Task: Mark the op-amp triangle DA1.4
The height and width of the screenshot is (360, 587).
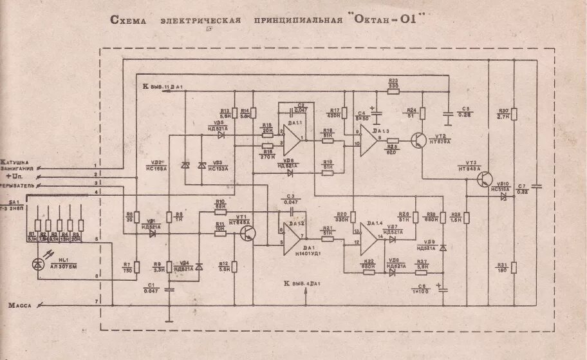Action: [369, 238]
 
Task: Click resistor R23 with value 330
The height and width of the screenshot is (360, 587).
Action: [393, 91]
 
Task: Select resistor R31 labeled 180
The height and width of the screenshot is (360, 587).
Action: [514, 268]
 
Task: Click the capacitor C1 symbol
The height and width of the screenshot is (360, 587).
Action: [169, 289]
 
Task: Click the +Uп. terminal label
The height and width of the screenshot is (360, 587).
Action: [14, 175]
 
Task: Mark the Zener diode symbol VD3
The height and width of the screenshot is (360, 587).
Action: [201, 166]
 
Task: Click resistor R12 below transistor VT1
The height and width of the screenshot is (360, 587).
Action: [235, 265]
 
